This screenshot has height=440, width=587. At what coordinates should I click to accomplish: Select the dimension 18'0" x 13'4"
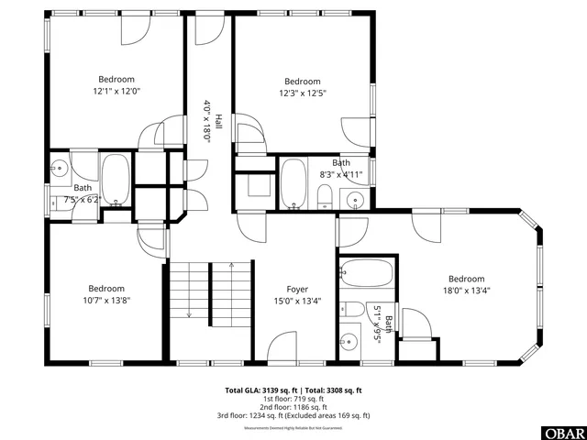(466, 291)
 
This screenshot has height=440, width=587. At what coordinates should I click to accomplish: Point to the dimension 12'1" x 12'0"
(116, 92)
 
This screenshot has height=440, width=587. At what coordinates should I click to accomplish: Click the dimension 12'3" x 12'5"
(302, 93)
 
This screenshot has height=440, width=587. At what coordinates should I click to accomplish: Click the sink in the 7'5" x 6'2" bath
(59, 167)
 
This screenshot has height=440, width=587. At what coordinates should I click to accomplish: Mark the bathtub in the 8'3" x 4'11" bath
(293, 183)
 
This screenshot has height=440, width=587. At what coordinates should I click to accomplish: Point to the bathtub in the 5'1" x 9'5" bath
(367, 271)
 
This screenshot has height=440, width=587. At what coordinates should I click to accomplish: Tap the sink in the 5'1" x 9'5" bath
(349, 342)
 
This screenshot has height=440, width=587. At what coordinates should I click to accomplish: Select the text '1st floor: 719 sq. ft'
(293, 399)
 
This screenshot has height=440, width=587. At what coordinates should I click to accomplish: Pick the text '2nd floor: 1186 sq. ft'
(293, 407)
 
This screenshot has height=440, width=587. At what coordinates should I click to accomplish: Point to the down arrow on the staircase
(189, 312)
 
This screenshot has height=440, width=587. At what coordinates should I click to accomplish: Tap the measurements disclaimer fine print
(293, 428)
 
